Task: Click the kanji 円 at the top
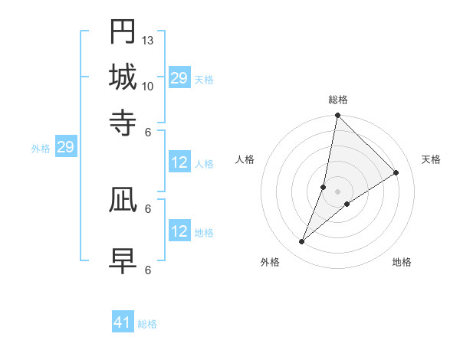[x=123, y=31]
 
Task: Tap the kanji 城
[x=123, y=77]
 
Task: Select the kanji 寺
[x=123, y=123]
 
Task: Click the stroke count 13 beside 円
[x=148, y=40]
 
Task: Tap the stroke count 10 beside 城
[x=148, y=86]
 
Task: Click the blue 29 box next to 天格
[x=179, y=78]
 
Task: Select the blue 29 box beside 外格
[x=65, y=147]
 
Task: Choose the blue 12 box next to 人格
[x=179, y=162]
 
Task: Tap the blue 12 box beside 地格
[x=179, y=231]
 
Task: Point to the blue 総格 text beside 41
[x=147, y=324]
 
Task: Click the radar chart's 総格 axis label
[x=337, y=100]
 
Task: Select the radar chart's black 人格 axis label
[x=245, y=159]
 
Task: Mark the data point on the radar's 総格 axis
[x=337, y=116]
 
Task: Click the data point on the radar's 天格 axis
[x=396, y=172]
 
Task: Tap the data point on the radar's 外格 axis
[x=302, y=242]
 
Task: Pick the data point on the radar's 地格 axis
[x=347, y=204]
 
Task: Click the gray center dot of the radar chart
[x=337, y=191]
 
